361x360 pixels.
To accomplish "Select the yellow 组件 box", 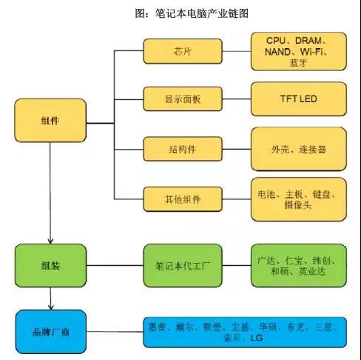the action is pos(50,120).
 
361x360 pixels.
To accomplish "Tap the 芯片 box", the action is pos(183,51).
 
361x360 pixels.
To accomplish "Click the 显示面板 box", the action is pos(183,99).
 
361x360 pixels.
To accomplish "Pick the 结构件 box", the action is pos(183,149).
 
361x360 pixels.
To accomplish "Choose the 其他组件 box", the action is pos(183,199).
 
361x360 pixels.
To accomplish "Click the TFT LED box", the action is pos(299,99).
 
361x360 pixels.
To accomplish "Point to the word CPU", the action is pos(276,41).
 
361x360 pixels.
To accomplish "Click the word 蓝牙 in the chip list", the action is pos(298,63).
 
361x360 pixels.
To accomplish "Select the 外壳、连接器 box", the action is pos(299,149).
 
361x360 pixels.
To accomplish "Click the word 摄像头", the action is pos(298,204).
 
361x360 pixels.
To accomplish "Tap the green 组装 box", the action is pos(50,265).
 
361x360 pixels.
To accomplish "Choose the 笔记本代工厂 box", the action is pos(183,265).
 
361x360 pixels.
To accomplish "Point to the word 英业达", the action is pos(312,271).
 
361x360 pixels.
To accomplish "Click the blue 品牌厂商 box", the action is pos(51,332).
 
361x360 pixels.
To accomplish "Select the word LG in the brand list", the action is pos(257,338).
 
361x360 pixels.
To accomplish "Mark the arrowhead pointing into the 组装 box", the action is pos(50,241).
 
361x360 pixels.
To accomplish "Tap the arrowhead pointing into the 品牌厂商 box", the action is pos(51,307).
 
